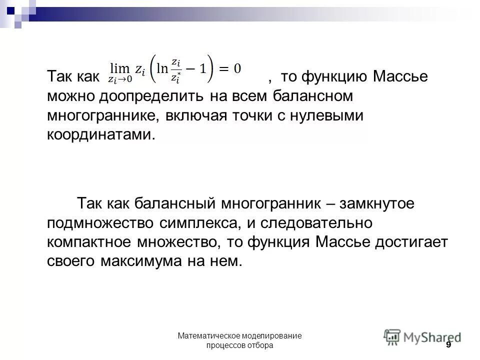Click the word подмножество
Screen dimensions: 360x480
pos(106,223)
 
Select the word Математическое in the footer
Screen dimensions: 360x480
pos(212,335)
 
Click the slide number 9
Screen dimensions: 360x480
pos(448,345)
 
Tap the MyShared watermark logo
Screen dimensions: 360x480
pos(422,336)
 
